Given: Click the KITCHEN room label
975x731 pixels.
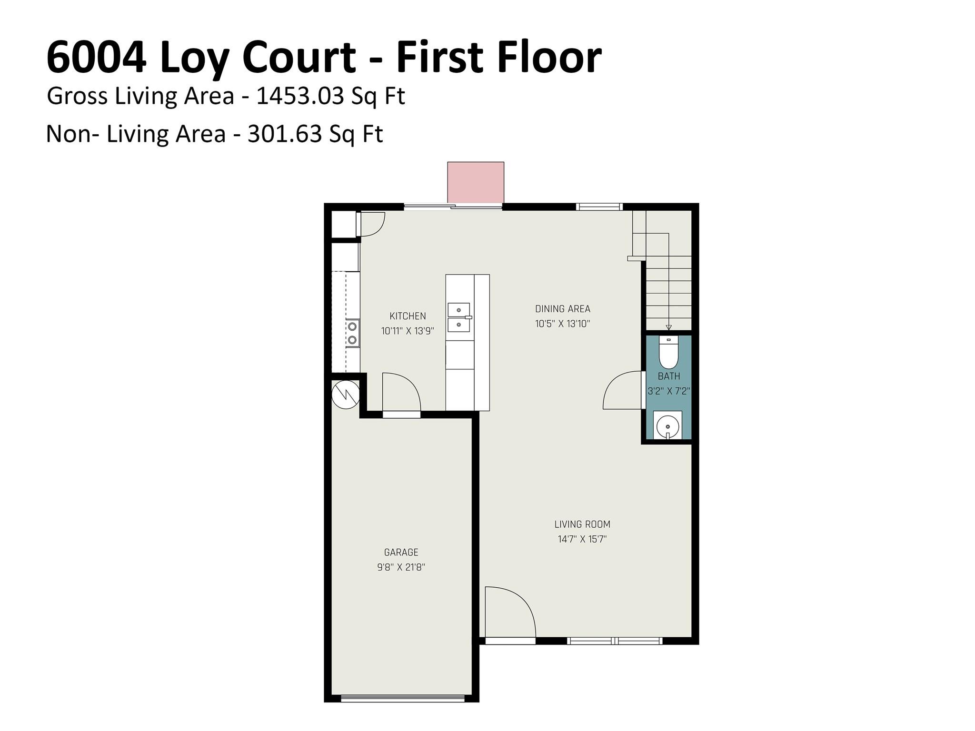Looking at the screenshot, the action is tap(408, 316).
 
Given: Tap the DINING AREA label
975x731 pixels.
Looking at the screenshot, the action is tap(563, 309).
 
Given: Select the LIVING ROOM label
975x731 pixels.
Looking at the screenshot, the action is tap(582, 524).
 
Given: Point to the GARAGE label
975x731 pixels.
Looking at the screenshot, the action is tap(401, 553).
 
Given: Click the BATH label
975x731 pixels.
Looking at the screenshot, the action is tap(669, 376).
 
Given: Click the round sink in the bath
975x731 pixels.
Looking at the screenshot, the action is tap(667, 425).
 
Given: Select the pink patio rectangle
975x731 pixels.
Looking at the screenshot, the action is tap(476, 182).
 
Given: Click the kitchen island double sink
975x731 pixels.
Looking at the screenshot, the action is tap(459, 317).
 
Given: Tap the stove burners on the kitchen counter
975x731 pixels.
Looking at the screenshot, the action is tap(352, 333).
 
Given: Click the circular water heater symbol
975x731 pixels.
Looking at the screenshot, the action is tap(345, 395).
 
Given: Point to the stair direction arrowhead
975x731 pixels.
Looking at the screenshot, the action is tap(669, 327).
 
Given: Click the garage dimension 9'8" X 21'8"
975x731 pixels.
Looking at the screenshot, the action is tap(401, 567).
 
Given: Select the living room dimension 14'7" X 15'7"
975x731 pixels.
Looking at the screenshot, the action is tap(582, 539).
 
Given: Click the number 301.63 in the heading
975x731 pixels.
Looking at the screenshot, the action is tap(285, 134).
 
